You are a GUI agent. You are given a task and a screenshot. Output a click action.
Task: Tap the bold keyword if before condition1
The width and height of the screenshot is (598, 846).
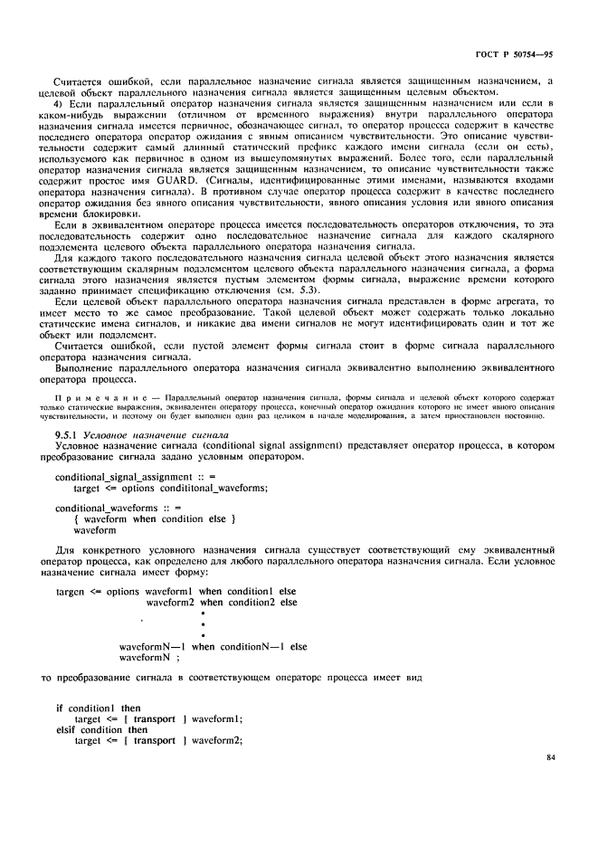click(x=59, y=708)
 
